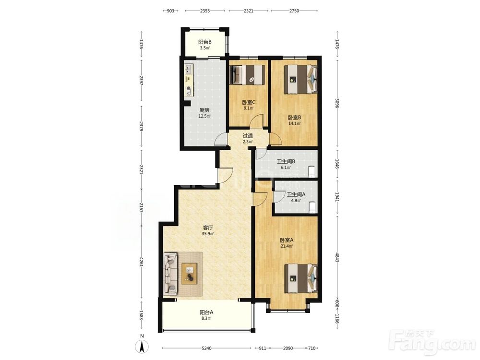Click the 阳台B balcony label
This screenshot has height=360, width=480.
click(205, 42)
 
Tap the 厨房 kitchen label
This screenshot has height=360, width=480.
click(204, 110)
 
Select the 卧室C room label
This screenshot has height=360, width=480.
click(248, 102)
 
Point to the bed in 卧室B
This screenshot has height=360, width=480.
click(300, 79)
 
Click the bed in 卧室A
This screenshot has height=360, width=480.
click(300, 278)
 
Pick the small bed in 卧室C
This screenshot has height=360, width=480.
click(247, 75)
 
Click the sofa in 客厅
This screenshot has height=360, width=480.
click(170, 274)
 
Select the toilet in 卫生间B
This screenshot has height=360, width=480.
click(312, 171)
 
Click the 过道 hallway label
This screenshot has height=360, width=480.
click(248, 136)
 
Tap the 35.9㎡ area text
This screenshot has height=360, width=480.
click(207, 234)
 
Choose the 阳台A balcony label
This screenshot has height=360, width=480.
click(206, 312)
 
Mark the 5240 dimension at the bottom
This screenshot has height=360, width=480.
click(206, 348)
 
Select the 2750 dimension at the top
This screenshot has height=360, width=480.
click(294, 11)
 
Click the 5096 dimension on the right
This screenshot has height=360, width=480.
click(337, 103)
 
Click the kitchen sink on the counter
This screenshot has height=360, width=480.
click(188, 69)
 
